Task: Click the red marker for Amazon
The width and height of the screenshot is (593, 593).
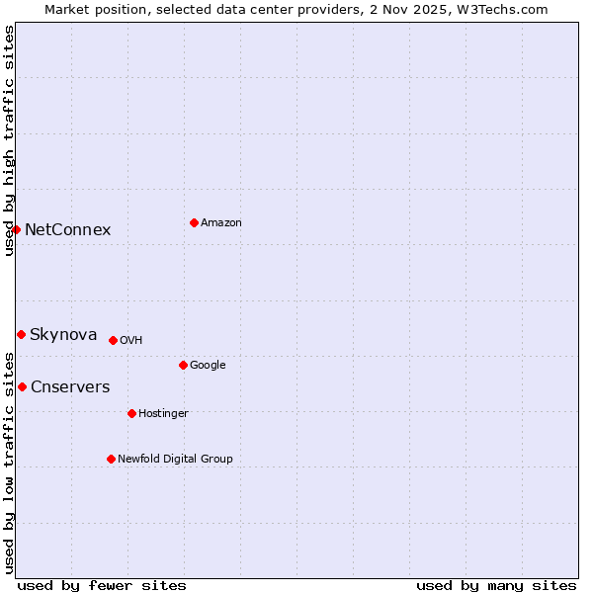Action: [194, 222]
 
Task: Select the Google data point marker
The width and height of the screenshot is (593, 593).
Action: [183, 365]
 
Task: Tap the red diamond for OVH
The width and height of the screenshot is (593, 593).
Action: [113, 340]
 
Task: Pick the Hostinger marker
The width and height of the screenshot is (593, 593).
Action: [131, 413]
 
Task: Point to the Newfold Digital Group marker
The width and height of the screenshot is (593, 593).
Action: [111, 459]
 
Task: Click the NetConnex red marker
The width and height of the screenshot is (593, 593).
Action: [16, 229]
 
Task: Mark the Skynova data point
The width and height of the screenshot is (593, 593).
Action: [21, 334]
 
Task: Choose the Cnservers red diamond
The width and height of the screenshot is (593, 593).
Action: [22, 386]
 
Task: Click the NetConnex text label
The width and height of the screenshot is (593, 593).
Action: [67, 230]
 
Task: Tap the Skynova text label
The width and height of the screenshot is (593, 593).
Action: [63, 335]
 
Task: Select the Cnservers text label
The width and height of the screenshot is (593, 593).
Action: [70, 387]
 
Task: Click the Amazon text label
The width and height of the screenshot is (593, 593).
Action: [220, 223]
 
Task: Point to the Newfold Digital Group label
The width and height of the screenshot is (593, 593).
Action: [175, 459]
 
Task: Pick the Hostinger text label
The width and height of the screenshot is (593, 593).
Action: [163, 413]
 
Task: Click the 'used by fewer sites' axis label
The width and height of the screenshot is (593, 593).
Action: [102, 585]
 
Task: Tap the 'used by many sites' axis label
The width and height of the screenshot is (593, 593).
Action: [496, 585]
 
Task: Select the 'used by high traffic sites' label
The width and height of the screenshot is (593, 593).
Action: [9, 140]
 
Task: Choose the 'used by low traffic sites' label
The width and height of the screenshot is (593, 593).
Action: [9, 462]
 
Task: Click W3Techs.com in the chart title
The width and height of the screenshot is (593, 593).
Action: [505, 9]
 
